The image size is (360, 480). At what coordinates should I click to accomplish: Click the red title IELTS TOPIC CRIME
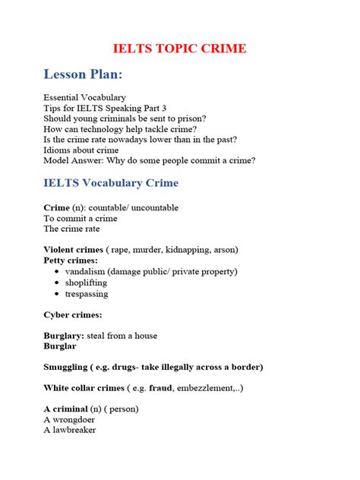coord(180,48)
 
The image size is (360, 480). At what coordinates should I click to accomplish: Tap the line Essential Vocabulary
coord(84,98)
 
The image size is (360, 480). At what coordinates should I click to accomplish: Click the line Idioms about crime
coord(81,150)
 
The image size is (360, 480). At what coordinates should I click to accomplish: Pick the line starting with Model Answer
coord(150,160)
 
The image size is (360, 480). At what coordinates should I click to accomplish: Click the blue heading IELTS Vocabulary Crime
coord(122,183)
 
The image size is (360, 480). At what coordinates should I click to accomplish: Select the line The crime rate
coord(71,229)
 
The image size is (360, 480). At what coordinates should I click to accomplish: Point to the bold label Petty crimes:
coord(71,261)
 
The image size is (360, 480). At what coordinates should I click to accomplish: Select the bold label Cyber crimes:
coord(73,314)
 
